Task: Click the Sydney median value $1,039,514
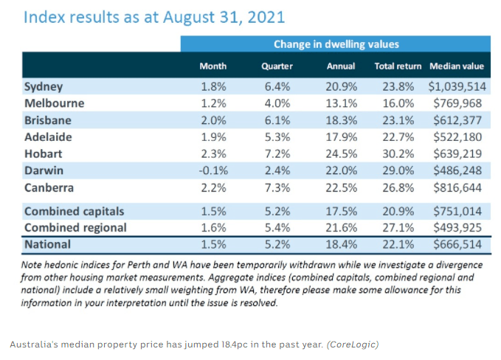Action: [x=452, y=86]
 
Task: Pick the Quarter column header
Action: [x=277, y=66]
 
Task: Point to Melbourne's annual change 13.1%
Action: [x=341, y=103]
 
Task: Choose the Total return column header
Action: [x=398, y=66]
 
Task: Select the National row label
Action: [x=48, y=244]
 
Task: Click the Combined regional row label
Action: [x=75, y=227]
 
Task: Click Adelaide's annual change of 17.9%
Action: [x=341, y=136]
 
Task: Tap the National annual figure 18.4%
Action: [x=341, y=244]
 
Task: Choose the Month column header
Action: [x=213, y=66]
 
